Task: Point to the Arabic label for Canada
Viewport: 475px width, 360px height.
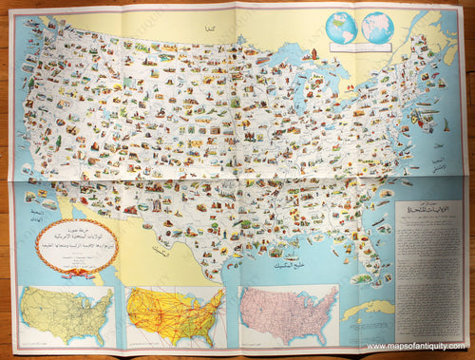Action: point(208,32)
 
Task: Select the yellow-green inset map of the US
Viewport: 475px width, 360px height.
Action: point(66,316)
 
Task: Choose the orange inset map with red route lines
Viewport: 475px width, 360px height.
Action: point(175,316)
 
